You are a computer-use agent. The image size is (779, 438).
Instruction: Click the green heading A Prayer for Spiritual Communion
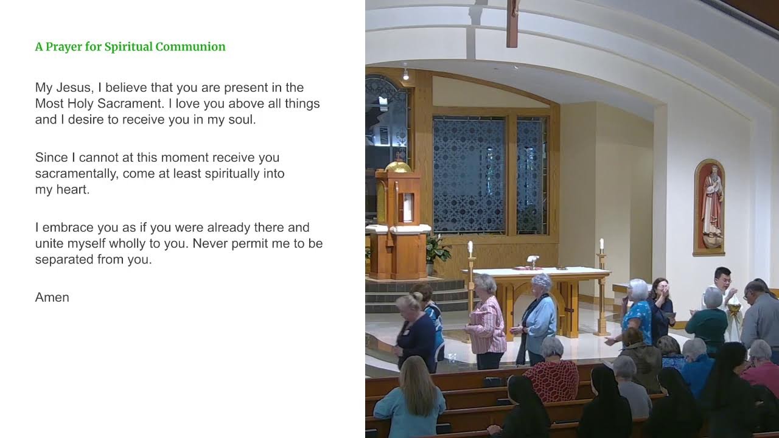130,47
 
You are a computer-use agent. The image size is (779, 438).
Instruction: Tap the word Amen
52,297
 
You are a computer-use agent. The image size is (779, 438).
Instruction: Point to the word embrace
65,228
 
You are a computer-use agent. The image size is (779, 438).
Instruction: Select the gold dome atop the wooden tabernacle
398,165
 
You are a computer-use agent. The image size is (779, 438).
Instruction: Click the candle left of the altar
470,248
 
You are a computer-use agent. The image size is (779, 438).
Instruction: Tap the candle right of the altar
601,245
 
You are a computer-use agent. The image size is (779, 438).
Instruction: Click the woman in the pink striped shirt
487,322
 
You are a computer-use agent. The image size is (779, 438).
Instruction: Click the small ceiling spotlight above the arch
406,75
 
